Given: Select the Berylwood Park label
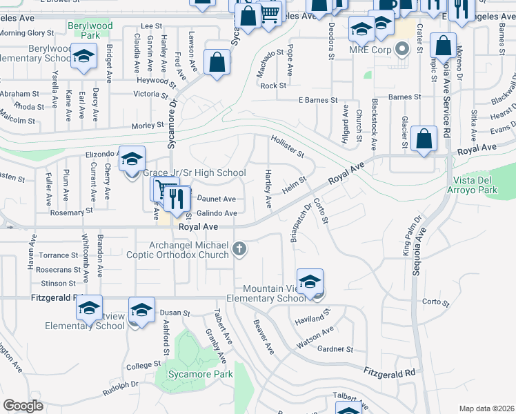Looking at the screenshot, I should tap(90, 30).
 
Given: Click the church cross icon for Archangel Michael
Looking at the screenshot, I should tap(239, 249).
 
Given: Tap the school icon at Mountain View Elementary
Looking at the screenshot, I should tap(310, 282).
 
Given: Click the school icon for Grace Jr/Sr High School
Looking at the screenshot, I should tap(132, 159).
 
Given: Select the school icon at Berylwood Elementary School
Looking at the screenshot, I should tap(83, 57).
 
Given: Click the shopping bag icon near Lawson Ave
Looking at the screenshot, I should tap(217, 63).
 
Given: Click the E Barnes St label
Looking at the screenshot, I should tap(318, 100).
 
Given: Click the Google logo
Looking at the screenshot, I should tap(23, 406).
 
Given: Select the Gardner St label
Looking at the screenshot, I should tap(335, 349).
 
